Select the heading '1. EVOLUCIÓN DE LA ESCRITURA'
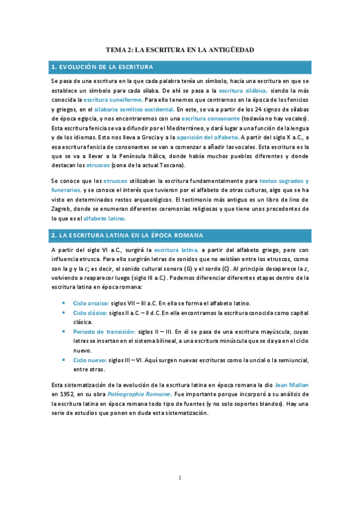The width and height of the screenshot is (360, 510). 103,66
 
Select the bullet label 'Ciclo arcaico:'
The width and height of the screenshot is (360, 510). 90,303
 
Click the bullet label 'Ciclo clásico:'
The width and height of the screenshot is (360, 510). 90,313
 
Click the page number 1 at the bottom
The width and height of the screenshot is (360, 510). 180,478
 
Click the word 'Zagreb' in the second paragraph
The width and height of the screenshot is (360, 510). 63,209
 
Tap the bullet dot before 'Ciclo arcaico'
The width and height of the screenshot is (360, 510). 64,303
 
